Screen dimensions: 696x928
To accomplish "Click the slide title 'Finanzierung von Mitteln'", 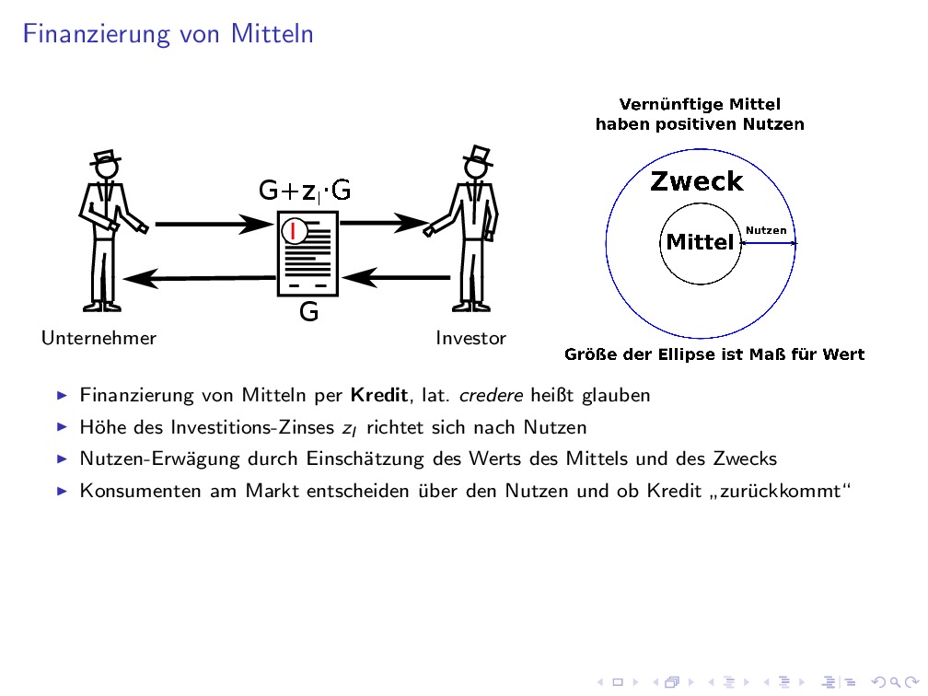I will click(168, 35).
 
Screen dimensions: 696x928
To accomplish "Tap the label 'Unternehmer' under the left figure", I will click(99, 338).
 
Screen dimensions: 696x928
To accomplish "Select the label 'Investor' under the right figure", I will click(470, 338).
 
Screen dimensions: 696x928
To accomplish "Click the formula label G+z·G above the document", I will click(305, 191).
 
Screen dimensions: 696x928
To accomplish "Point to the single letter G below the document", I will click(309, 313).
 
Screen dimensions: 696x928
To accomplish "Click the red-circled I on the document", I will click(293, 230).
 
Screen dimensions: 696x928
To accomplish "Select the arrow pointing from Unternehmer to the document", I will click(210, 223).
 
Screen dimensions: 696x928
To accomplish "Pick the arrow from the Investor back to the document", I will click(396, 275).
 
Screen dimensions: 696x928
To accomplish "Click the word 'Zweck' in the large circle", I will click(696, 181).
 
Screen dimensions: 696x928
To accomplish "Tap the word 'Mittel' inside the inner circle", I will click(700, 242).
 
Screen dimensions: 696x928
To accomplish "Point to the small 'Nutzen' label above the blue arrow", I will click(766, 230).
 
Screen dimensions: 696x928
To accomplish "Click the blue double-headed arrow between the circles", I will click(769, 243).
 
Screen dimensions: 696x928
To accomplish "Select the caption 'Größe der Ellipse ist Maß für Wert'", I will click(713, 354).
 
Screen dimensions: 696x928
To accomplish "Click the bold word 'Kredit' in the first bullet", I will click(378, 396).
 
